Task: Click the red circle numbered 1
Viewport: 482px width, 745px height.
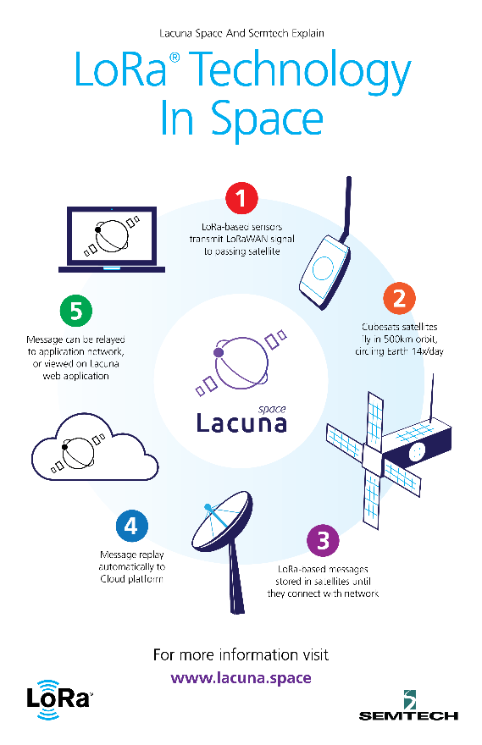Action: pyautogui.click(x=241, y=198)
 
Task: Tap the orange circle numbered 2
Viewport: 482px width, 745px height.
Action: pyautogui.click(x=399, y=298)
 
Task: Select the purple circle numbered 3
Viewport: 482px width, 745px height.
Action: pyautogui.click(x=324, y=540)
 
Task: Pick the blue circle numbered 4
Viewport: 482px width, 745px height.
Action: pyautogui.click(x=131, y=526)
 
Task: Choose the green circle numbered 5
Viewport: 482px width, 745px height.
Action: pyautogui.click(x=76, y=311)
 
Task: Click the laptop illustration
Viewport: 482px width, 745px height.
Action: pyautogui.click(x=112, y=240)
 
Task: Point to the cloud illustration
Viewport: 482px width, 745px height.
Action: pyautogui.click(x=95, y=447)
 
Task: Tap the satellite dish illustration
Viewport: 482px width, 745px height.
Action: pyautogui.click(x=224, y=537)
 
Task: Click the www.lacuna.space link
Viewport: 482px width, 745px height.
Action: pyautogui.click(x=241, y=678)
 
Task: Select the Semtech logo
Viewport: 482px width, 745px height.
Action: pyautogui.click(x=408, y=705)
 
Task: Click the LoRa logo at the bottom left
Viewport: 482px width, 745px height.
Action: pyautogui.click(x=58, y=699)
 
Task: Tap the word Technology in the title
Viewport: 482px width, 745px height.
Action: pyautogui.click(x=302, y=72)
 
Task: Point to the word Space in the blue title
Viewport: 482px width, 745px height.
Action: pyautogui.click(x=267, y=119)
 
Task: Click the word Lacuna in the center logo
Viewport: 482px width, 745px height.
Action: pyautogui.click(x=241, y=422)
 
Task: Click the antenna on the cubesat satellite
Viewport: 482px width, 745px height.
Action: pyautogui.click(x=431, y=398)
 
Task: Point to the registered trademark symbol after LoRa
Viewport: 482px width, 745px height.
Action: pyautogui.click(x=175, y=58)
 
